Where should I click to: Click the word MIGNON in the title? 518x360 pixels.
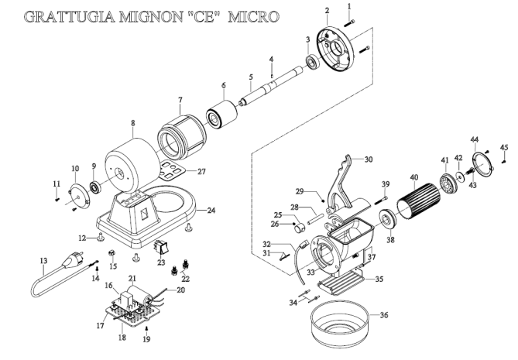pyautogui.click(x=150, y=16)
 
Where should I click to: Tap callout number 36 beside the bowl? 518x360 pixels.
pyautogui.click(x=383, y=315)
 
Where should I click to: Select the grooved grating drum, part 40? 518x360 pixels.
pyautogui.click(x=419, y=201)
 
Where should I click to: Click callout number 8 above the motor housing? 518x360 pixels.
pyautogui.click(x=133, y=123)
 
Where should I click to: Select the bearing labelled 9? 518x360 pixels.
pyautogui.click(x=96, y=187)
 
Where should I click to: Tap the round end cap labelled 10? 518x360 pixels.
pyautogui.click(x=79, y=196)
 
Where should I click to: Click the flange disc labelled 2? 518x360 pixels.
pyautogui.click(x=334, y=49)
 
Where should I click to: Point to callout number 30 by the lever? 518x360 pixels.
pyautogui.click(x=369, y=159)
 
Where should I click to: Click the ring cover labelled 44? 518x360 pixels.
pyautogui.click(x=482, y=163)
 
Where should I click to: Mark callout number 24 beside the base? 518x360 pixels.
pyautogui.click(x=211, y=210)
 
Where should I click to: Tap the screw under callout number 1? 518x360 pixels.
pyautogui.click(x=349, y=23)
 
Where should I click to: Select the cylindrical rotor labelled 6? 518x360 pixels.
pyautogui.click(x=221, y=114)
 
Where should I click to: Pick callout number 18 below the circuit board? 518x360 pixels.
pyautogui.click(x=122, y=338)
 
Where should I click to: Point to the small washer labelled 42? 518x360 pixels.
pyautogui.click(x=459, y=176)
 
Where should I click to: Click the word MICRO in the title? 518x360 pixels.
pyautogui.click(x=253, y=16)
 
